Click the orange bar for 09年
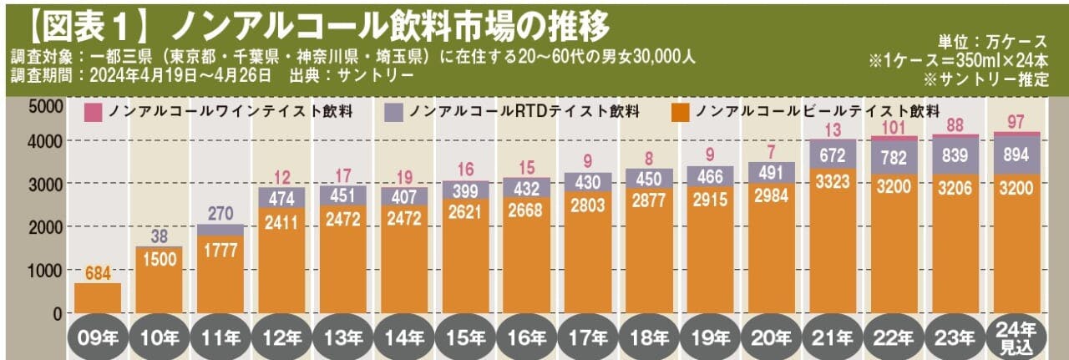tap(98, 298)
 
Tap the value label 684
tap(99, 273)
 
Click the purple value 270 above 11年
tap(220, 213)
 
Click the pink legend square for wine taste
tap(94, 112)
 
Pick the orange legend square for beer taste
tap(681, 112)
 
